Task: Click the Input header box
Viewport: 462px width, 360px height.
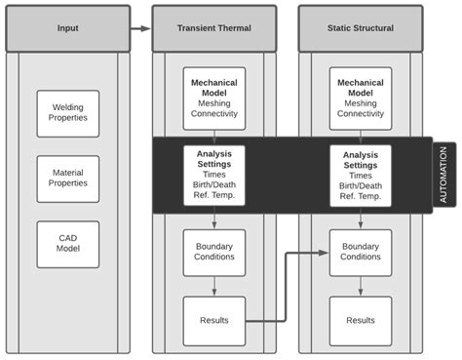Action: pos(68,28)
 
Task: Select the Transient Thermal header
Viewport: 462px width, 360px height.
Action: pos(214,28)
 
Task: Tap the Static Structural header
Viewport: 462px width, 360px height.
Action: pos(361,28)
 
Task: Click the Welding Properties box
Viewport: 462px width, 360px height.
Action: pos(68,114)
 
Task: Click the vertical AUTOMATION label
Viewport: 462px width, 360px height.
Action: pos(443,175)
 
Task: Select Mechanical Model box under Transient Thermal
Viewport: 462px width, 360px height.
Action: pos(214,99)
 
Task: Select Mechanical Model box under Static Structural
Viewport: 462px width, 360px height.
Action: pos(361,99)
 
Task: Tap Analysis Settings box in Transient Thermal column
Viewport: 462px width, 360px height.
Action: pos(214,176)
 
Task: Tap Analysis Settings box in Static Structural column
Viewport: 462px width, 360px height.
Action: pos(361,176)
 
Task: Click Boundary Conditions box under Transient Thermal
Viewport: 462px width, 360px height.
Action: pos(214,253)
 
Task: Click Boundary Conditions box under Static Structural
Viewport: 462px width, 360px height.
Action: pos(361,253)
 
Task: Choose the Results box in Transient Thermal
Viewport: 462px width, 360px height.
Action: pos(214,320)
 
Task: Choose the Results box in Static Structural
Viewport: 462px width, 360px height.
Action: pos(361,320)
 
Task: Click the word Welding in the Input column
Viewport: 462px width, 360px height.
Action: pos(68,107)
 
